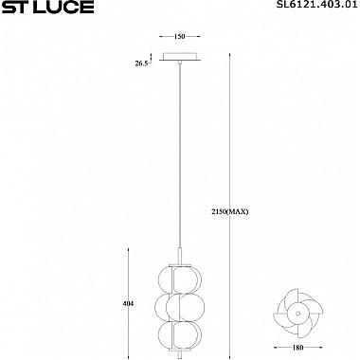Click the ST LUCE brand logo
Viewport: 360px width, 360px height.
coord(48,7)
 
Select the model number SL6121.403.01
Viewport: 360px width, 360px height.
coord(317,5)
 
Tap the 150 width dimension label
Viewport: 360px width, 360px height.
coord(179,37)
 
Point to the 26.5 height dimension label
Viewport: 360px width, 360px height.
coord(141,63)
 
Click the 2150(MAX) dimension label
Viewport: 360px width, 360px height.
coord(230,212)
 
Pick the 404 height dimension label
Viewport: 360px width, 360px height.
coord(129,304)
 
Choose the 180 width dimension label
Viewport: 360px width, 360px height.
coord(297,348)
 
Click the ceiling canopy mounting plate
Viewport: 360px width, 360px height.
coord(180,57)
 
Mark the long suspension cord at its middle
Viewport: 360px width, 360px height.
coord(180,155)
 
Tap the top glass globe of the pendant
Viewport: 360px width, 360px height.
coord(180,279)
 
